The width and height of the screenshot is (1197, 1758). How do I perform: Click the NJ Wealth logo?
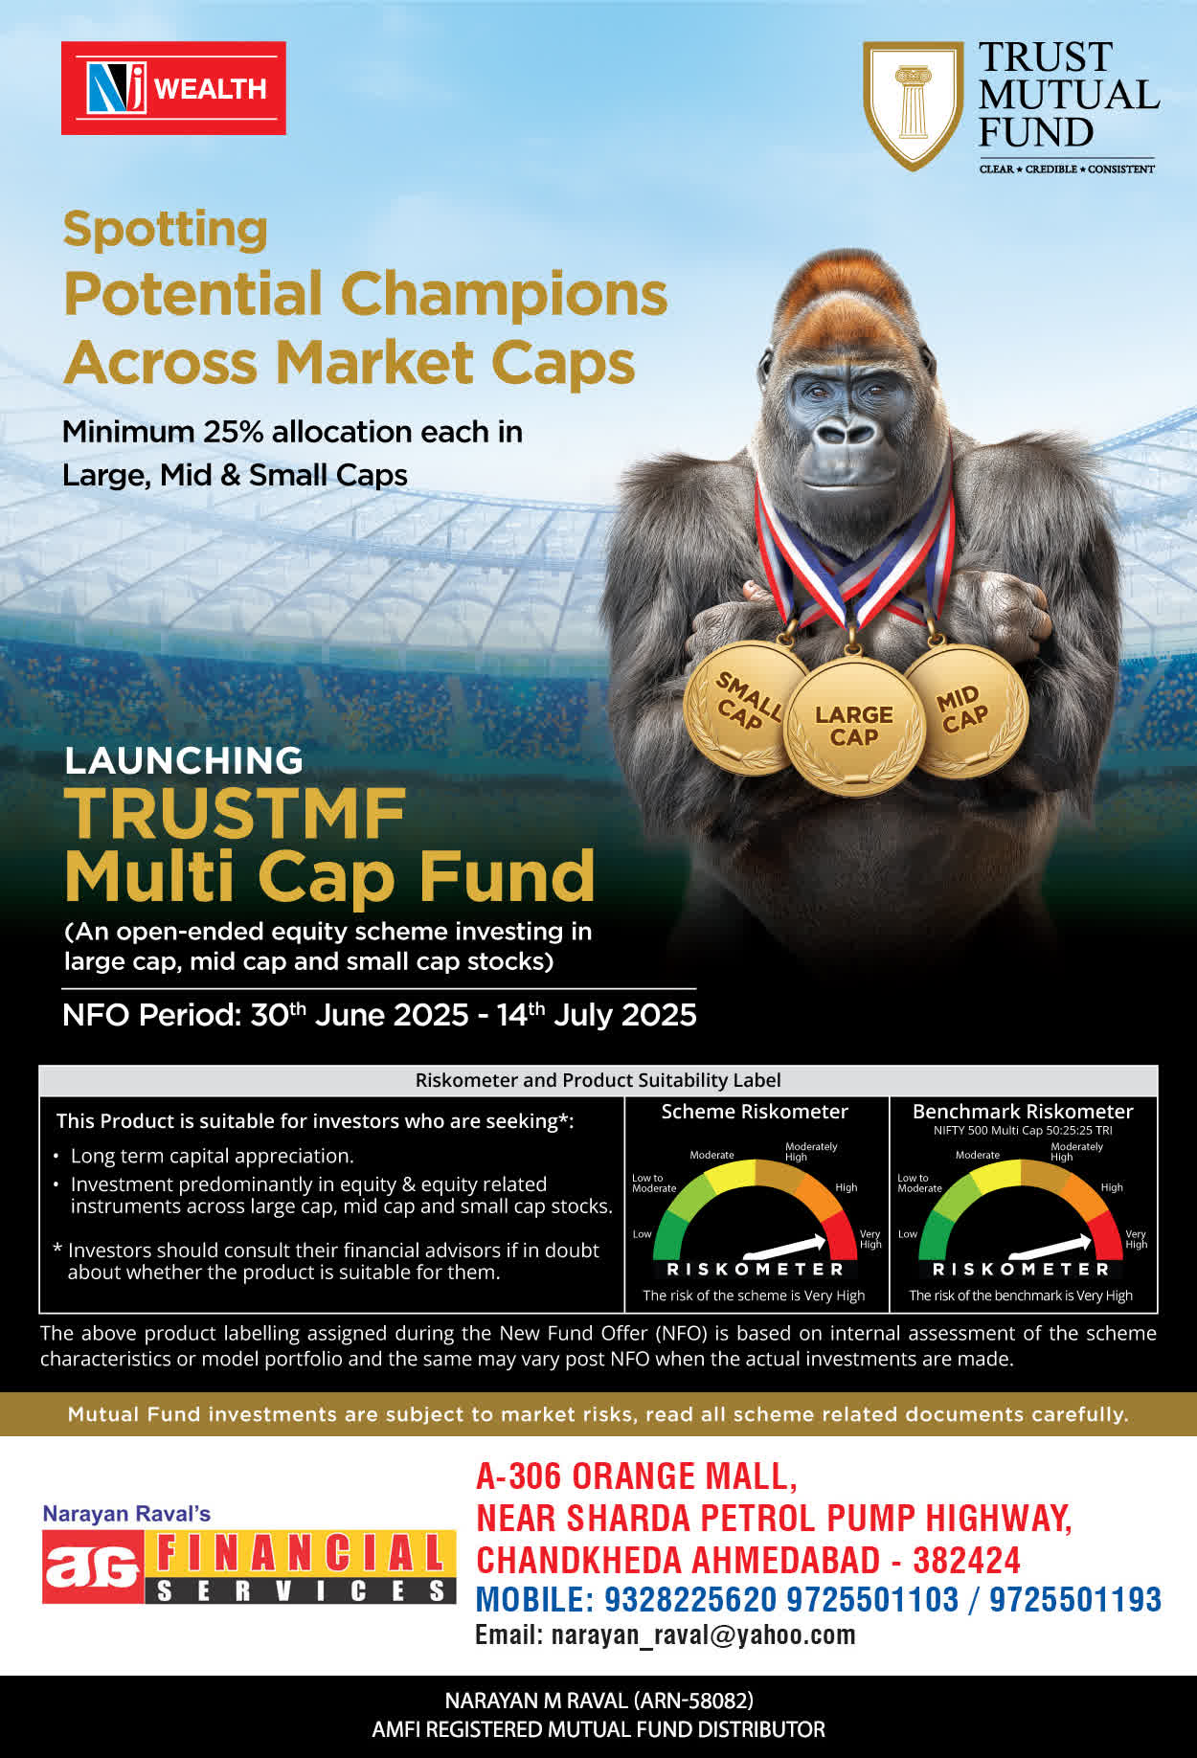coord(173,88)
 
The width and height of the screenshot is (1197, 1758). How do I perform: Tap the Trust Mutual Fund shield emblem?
coord(914,105)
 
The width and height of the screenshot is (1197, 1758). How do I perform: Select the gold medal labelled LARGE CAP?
coord(853,726)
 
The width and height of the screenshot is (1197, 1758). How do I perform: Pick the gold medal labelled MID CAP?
coord(965,710)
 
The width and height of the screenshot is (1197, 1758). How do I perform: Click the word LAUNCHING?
coord(184,760)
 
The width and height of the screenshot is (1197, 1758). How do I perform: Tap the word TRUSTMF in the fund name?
coord(236,814)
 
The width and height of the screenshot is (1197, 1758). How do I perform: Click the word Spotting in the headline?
coord(166,230)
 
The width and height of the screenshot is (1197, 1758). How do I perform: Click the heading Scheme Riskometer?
coord(755,1112)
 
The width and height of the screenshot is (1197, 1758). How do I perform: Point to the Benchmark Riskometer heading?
coord(1023,1112)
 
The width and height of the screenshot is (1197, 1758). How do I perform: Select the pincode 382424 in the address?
coord(966,1561)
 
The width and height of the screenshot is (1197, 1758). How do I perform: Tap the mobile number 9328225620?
coord(690,1599)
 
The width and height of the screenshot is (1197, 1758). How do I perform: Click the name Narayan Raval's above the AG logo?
coord(126,1514)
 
